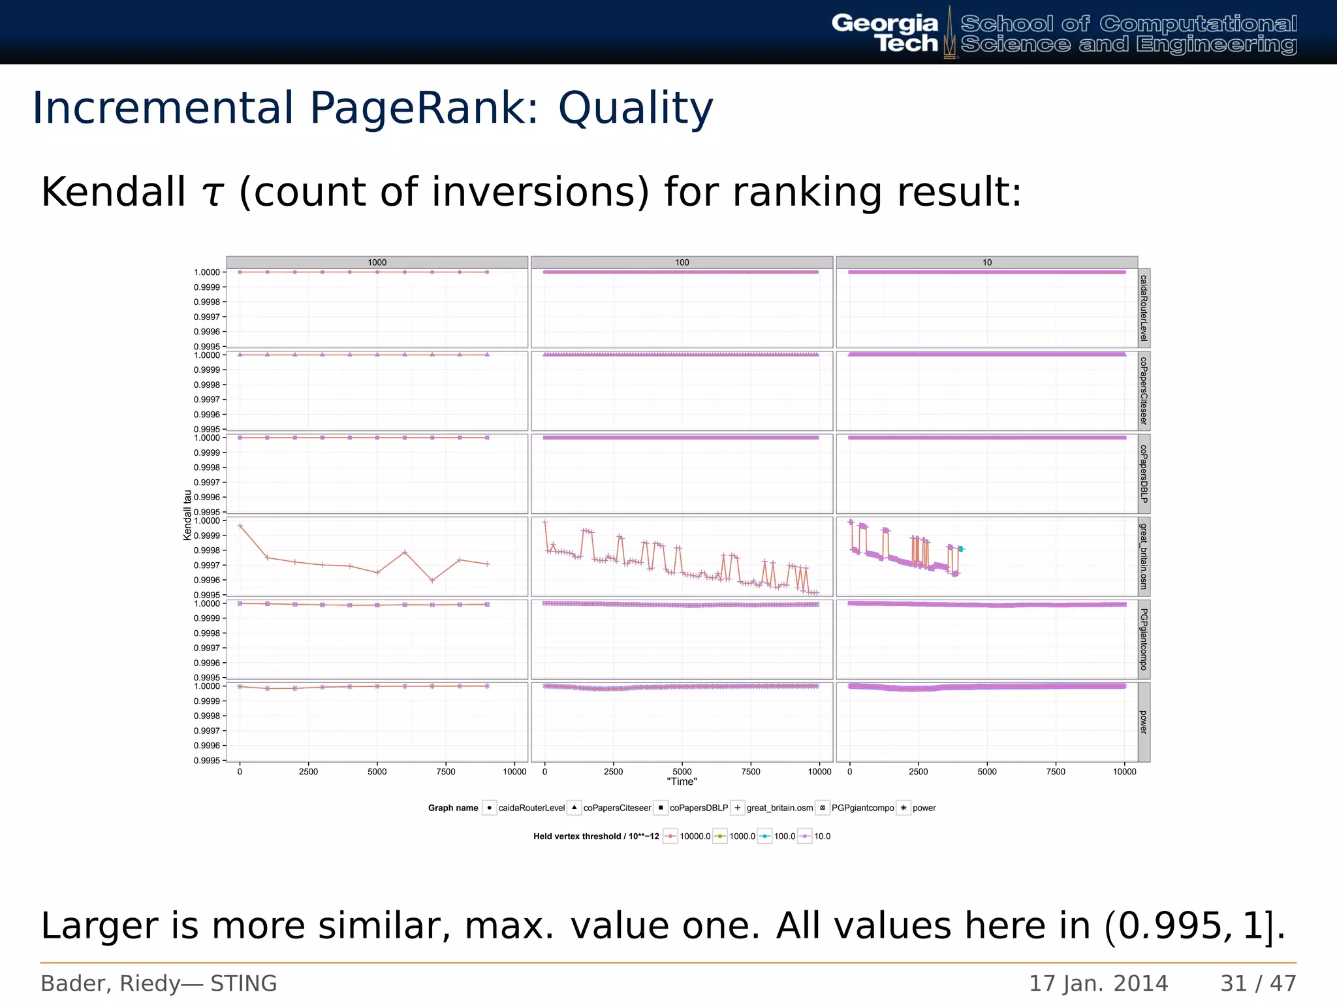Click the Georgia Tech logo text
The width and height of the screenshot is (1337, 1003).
885,33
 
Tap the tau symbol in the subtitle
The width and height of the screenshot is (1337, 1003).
212,193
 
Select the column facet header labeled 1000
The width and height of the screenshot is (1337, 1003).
377,263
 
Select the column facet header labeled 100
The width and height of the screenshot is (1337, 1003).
682,263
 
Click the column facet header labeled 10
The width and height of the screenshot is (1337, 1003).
986,263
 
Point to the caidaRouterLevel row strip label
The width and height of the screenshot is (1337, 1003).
1143,308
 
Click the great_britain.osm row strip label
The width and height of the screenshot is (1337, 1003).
1143,556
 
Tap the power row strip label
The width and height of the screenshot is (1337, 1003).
1143,722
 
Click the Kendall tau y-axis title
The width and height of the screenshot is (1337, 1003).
187,515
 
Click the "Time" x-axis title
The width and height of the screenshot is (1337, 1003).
682,782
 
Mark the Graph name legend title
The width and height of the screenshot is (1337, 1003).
453,808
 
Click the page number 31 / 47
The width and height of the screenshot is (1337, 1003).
1258,983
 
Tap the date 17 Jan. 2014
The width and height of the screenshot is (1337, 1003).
1099,983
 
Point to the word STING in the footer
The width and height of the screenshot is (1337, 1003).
244,983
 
